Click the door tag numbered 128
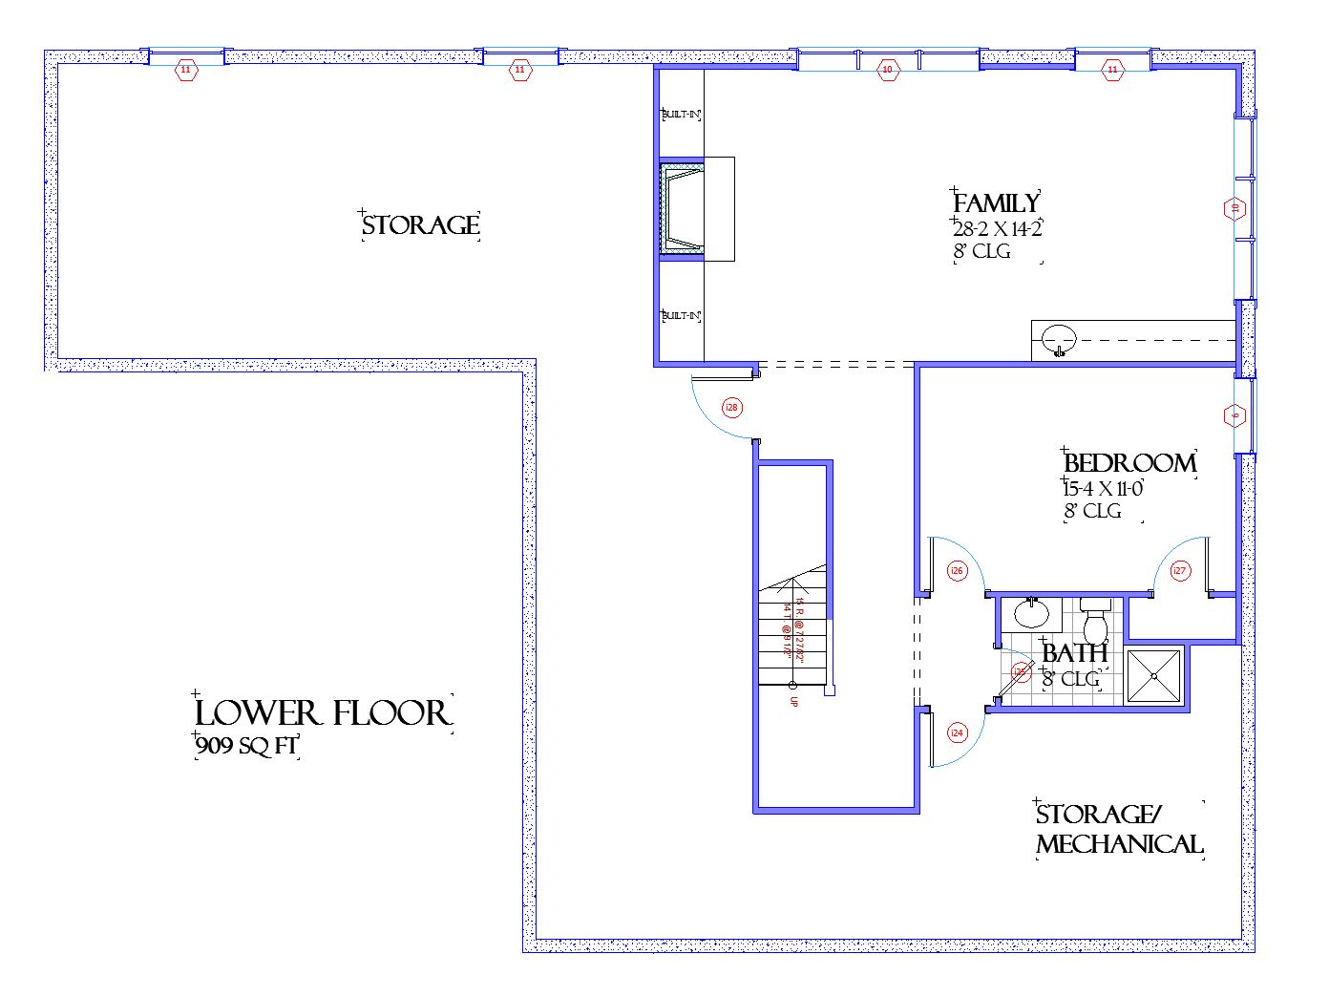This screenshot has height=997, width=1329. coord(732,408)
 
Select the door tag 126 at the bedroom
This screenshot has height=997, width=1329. coord(957,571)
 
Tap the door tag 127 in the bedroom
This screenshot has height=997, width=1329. coord(1180,571)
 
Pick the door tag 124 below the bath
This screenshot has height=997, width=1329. coord(957,732)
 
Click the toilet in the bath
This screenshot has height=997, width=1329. coord(1095,625)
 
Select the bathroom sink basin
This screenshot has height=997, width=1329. coord(1031,613)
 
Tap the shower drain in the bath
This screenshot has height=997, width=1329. coord(1154,676)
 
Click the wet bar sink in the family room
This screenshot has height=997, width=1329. coord(1058,339)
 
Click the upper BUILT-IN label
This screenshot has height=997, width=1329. coord(682,115)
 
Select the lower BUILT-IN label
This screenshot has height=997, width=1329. coord(682,316)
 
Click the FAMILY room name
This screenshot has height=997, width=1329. coord(996,203)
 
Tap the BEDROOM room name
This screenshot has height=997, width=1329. coord(1129,463)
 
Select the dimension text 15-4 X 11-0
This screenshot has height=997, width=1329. coord(1104,489)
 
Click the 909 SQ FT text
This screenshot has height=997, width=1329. coord(247,746)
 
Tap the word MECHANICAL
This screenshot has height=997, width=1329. coord(1120,844)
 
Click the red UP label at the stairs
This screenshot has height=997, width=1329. coord(793,700)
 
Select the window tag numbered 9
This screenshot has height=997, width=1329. coord(1234,415)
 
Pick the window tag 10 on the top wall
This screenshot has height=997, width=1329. coord(887,69)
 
